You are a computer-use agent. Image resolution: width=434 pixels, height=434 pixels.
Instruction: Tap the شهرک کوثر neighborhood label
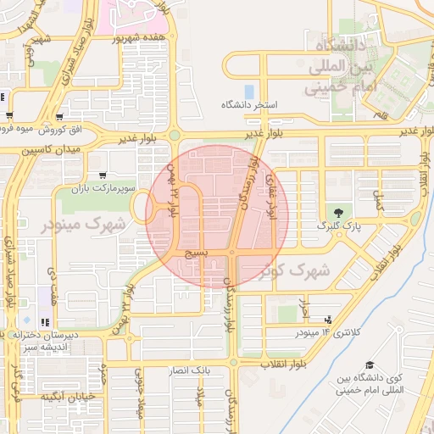[297, 270]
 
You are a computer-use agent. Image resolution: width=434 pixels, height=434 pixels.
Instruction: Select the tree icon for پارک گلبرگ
[339, 213]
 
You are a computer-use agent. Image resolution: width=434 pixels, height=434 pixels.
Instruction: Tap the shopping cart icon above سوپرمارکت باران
[103, 174]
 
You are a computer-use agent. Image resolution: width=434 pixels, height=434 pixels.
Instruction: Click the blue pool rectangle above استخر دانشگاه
[249, 90]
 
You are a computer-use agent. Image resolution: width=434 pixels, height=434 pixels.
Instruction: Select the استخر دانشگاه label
[250, 105]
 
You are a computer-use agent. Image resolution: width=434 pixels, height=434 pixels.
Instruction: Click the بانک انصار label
[213, 371]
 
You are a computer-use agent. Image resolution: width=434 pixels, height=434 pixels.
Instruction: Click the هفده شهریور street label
[143, 37]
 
